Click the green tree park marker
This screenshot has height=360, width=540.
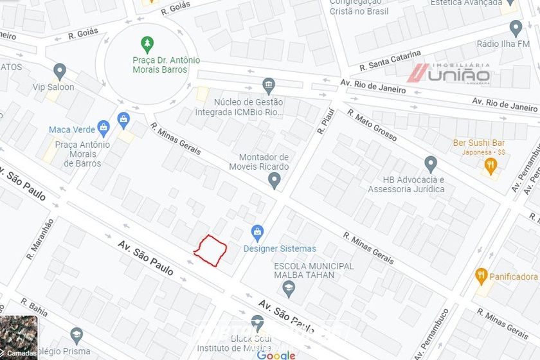148,44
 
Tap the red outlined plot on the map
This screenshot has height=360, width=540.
211,249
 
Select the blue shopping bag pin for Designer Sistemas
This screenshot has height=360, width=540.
258,232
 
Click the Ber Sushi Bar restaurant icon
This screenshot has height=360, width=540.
491,166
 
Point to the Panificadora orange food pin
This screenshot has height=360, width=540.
481,276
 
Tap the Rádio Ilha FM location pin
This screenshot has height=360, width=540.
516,28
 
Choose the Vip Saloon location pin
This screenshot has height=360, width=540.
60,71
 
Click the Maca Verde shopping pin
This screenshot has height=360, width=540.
103,128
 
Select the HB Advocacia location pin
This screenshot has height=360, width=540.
431,165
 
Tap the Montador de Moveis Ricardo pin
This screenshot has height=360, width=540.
274,181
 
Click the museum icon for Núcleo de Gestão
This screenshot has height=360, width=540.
269,86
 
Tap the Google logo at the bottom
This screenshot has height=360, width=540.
276,355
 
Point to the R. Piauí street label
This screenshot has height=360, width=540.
323,121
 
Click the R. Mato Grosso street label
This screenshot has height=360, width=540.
372,125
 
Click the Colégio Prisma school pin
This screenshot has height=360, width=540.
76,335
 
